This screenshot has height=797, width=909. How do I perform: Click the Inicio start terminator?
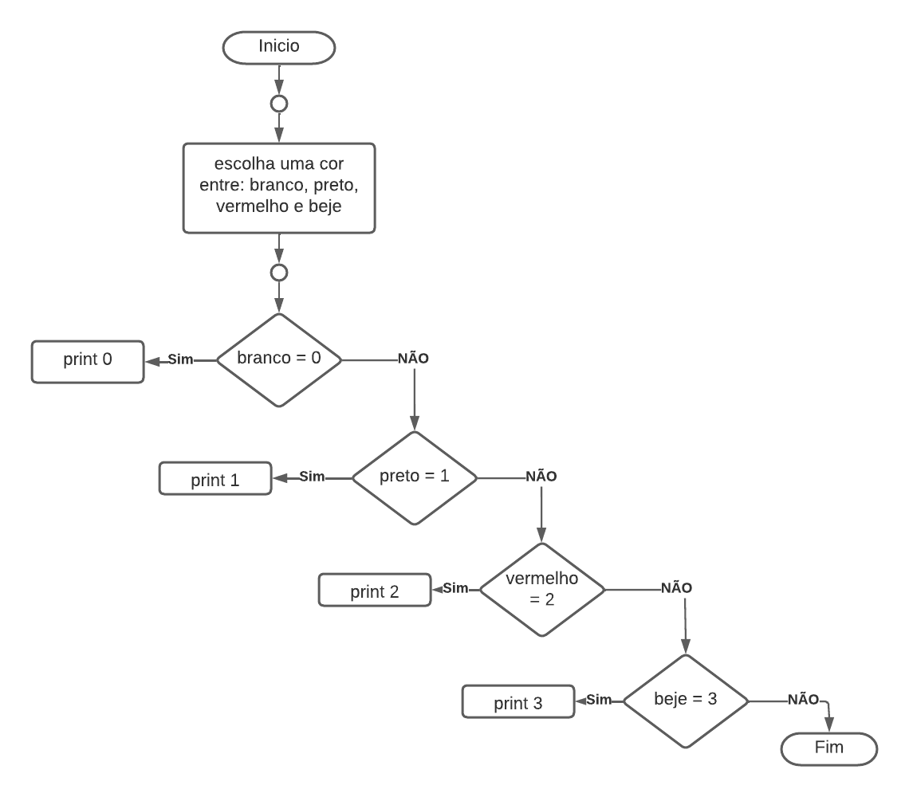pyautogui.click(x=279, y=47)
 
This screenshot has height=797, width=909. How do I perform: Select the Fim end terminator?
pyautogui.click(x=828, y=749)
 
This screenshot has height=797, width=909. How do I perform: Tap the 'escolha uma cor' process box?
pyautogui.click(x=279, y=188)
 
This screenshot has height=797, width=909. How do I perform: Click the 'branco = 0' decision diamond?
pyautogui.click(x=279, y=359)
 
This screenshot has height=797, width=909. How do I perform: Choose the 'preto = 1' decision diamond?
pyautogui.click(x=414, y=478)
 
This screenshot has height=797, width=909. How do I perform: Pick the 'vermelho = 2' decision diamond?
pyautogui.click(x=541, y=589)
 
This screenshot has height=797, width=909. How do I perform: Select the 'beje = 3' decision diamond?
pyautogui.click(x=685, y=701)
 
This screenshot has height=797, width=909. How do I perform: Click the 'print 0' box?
pyautogui.click(x=88, y=360)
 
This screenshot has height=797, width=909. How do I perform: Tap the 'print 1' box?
pyautogui.click(x=215, y=480)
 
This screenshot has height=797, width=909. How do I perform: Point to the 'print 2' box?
pyautogui.click(x=374, y=591)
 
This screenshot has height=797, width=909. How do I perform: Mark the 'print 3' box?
pyautogui.click(x=518, y=702)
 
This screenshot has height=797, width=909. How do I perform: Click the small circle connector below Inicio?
pyautogui.click(x=279, y=104)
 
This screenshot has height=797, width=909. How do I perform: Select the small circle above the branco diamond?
pyautogui.click(x=279, y=273)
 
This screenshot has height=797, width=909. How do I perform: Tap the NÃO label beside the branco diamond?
pyautogui.click(x=413, y=359)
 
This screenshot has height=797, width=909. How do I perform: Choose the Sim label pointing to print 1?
pyautogui.click(x=312, y=477)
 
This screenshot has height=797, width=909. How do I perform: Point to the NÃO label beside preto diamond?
pyautogui.click(x=541, y=477)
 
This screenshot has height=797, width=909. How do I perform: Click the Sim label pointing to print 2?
pyautogui.click(x=455, y=588)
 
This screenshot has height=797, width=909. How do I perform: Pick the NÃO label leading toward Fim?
pyautogui.click(x=803, y=699)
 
